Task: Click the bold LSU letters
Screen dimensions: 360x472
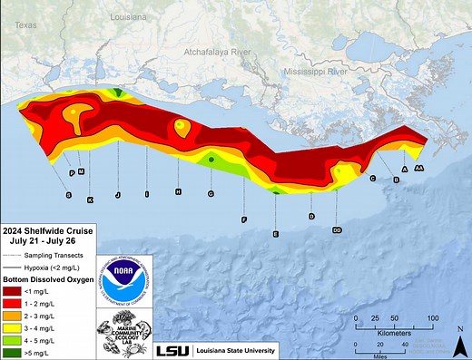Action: tap(172, 351)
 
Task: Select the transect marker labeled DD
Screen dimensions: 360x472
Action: tap(337, 230)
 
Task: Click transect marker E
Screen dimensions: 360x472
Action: tap(275, 234)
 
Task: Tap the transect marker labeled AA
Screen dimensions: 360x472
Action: tap(419, 169)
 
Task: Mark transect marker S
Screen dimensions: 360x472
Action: tap(68, 195)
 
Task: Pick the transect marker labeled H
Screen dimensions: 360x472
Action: tap(179, 191)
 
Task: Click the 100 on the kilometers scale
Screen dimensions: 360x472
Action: tap(433, 318)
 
